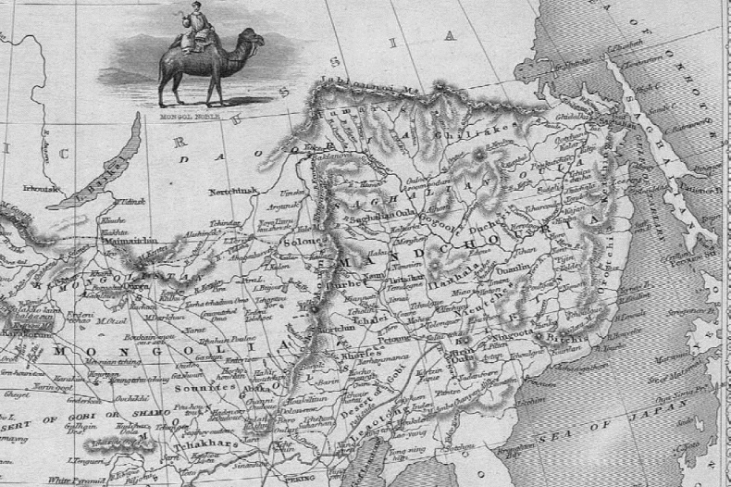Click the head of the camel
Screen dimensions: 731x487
(254, 39)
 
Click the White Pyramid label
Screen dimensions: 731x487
(74, 480)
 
